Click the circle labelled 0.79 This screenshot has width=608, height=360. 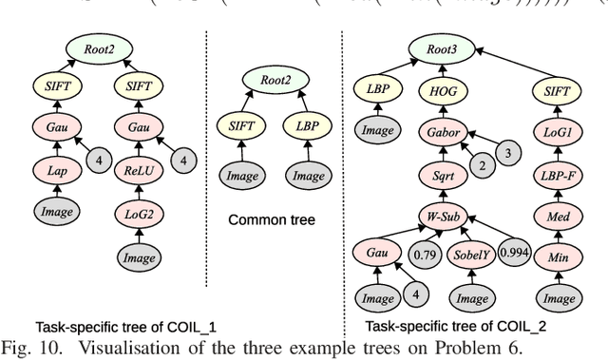pyautogui.click(x=424, y=255)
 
